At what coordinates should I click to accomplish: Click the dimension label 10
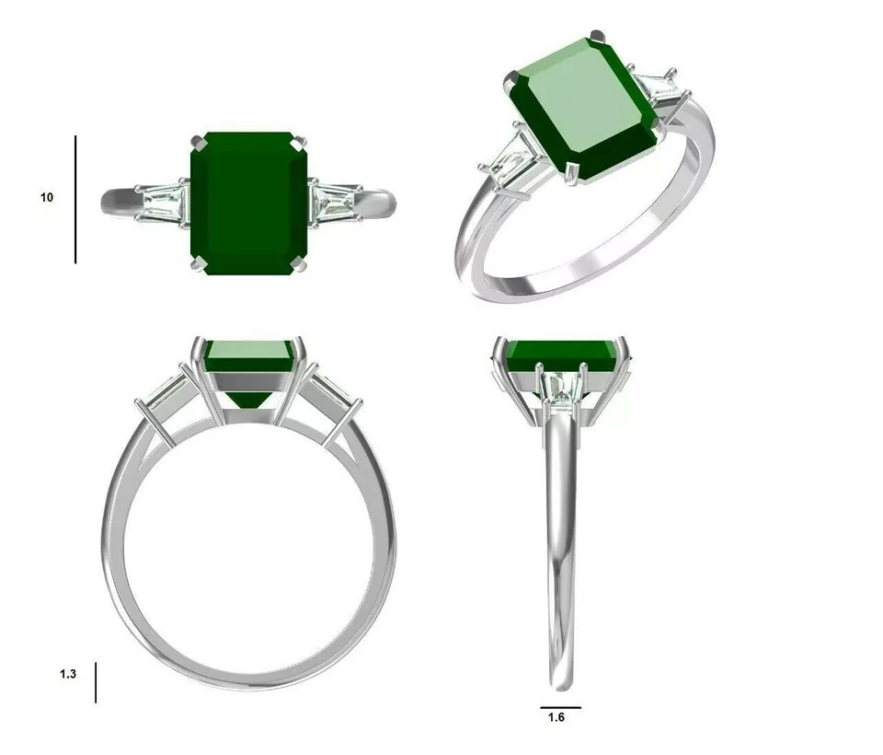(47, 197)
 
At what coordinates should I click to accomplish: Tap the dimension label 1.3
(67, 674)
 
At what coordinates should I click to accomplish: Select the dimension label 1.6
(556, 717)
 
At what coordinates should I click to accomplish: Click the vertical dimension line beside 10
(75, 199)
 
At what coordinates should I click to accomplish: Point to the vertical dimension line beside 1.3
(96, 682)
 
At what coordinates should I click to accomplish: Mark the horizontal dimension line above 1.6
(560, 707)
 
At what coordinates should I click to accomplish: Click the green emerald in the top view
(249, 203)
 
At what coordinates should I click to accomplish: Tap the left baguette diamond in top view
(164, 203)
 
